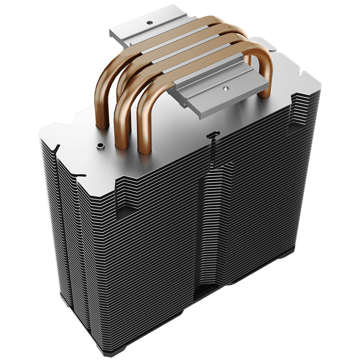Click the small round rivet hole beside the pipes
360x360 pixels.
pyautogui.click(x=99, y=146)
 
